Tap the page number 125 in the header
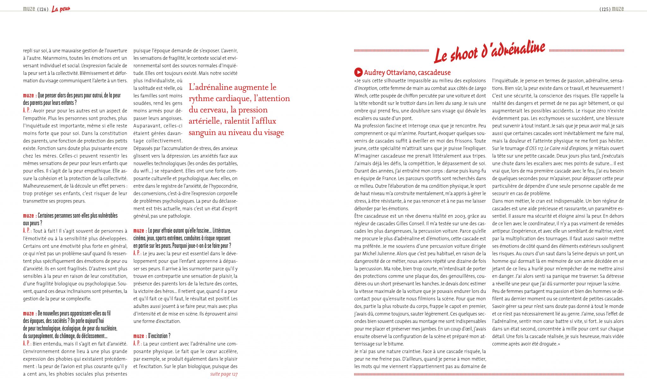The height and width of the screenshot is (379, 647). coord(605,9)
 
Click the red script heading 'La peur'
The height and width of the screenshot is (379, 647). coord(61,9)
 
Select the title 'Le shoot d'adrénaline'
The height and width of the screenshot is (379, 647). coord(489,51)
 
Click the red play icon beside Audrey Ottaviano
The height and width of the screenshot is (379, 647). coord(358,72)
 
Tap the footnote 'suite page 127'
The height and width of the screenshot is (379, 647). coord(224,374)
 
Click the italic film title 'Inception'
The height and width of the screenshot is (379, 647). coord(367,88)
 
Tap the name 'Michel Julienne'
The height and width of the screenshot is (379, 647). coord(375,254)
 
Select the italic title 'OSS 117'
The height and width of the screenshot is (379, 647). coord(536,148)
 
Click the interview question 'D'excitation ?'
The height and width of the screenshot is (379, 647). coord(159,336)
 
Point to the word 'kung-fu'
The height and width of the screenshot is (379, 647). coord(477,171)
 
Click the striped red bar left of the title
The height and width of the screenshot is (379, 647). coord(391,51)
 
